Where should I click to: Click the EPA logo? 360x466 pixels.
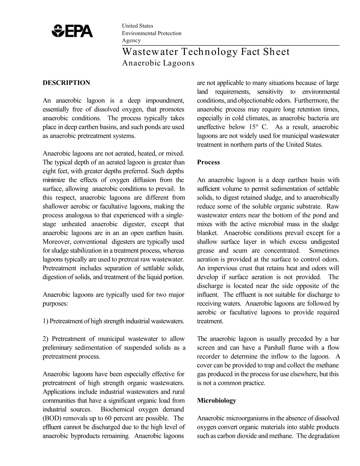(x=72, y=31)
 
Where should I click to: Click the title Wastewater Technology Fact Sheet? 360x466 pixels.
(x=206, y=52)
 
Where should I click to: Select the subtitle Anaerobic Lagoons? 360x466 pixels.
(x=158, y=63)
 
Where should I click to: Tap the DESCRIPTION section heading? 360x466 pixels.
(x=66, y=83)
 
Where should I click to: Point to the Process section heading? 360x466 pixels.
(x=208, y=162)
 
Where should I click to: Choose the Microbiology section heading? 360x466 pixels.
(x=216, y=401)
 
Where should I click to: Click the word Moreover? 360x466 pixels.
(x=56, y=242)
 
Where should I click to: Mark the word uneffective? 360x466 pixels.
(x=211, y=127)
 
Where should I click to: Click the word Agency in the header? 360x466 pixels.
(x=131, y=40)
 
